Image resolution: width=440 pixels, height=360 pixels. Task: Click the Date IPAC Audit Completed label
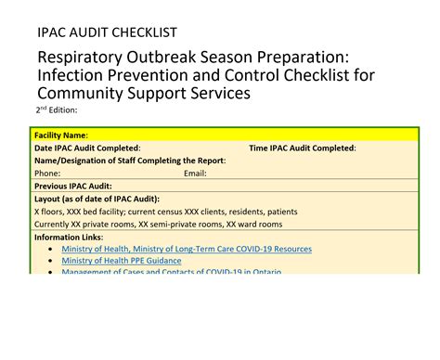[87, 148]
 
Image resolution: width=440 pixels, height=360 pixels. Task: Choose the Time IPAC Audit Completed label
[303, 148]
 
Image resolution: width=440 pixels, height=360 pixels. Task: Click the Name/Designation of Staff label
[130, 161]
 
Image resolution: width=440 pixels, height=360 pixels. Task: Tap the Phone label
[47, 173]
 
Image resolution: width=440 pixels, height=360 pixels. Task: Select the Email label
[195, 173]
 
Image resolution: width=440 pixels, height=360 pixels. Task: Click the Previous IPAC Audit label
[73, 186]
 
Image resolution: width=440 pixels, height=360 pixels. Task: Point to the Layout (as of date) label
[97, 199]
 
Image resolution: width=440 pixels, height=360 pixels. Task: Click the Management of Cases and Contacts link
[171, 272]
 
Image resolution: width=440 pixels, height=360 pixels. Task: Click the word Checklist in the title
[330, 75]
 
